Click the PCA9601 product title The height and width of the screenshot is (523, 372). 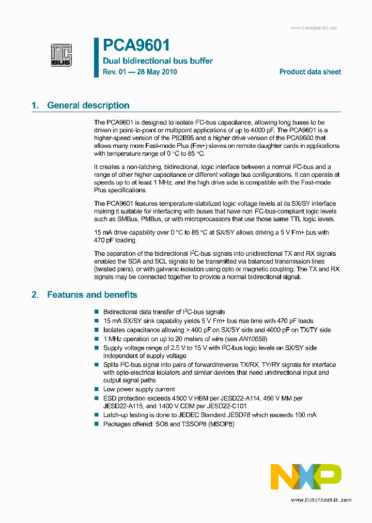pyautogui.click(x=136, y=45)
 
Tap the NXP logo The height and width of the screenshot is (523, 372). pyautogui.click(x=306, y=476)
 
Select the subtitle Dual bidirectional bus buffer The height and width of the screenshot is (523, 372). pyautogui.click(x=158, y=61)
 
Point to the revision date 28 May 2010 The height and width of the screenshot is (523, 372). pyautogui.click(x=156, y=72)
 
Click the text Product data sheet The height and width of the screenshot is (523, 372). pyautogui.click(x=310, y=72)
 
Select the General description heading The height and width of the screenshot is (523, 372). pyautogui.click(x=88, y=105)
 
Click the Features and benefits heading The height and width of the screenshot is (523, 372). pyautogui.click(x=92, y=295)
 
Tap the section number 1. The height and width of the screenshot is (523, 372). pyautogui.click(x=35, y=105)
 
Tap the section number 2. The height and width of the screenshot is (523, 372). pyautogui.click(x=35, y=295)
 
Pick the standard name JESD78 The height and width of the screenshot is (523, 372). pyautogui.click(x=251, y=415)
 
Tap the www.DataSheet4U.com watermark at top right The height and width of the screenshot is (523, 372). pyautogui.click(x=313, y=28)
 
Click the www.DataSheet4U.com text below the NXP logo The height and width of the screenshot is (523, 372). pyautogui.click(x=321, y=500)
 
